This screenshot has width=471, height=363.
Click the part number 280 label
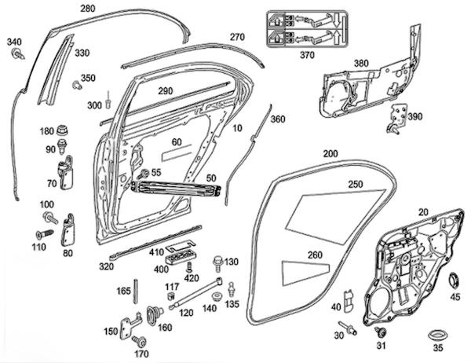tap(88, 9)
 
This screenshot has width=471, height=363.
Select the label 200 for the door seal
tap(331, 152)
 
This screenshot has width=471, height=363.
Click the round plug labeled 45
tap(455, 280)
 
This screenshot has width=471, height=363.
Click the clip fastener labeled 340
tap(16, 55)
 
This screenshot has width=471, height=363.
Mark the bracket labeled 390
tap(395, 116)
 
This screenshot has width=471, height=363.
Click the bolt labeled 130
tap(214, 261)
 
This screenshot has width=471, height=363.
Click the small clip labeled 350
tap(76, 84)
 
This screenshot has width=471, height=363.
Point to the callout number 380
tap(361, 64)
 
